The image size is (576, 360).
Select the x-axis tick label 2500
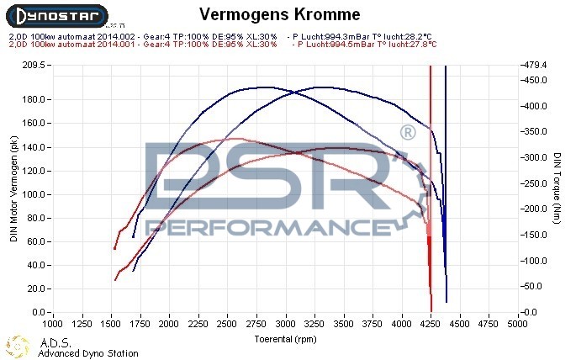pyautogui.click(x=227, y=322)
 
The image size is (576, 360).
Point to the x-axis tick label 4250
pyautogui.click(x=431, y=322)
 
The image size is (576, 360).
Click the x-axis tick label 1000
pyautogui.click(x=52, y=322)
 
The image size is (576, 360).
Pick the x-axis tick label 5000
pyautogui.click(x=518, y=322)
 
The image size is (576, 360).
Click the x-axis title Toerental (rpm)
pyautogui.click(x=286, y=339)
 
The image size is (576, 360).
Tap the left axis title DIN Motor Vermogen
pyautogui.click(x=13, y=189)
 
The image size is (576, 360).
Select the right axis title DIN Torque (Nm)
pyautogui.click(x=558, y=189)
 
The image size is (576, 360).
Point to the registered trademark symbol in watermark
pyautogui.click(x=407, y=133)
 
